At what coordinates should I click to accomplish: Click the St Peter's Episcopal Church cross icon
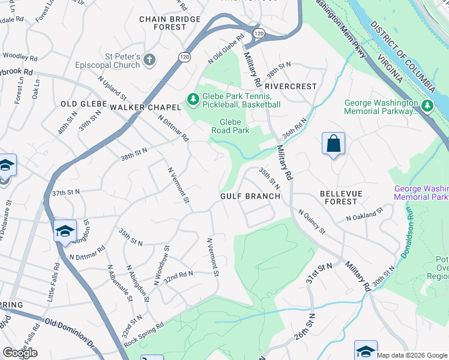149,60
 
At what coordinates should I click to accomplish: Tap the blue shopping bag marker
333,143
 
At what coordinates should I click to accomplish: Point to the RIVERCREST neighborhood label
291,86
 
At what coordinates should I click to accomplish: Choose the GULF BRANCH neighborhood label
250,196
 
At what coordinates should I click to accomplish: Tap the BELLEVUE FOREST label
346,197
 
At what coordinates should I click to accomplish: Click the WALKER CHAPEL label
145,107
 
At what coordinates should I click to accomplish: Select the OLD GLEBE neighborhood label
83,104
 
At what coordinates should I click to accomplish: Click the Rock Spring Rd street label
143,334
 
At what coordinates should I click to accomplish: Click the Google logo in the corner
20,352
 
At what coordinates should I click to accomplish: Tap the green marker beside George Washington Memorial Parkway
427,107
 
